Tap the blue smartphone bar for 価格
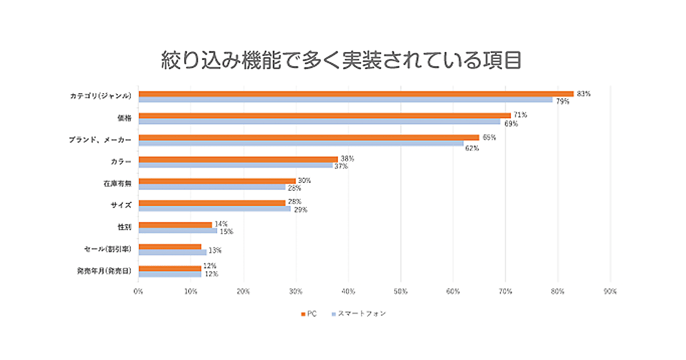pos(320,122)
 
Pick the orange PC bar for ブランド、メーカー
pos(309,137)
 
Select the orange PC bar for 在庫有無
pos(217,181)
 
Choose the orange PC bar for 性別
pos(176,225)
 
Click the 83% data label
pos(584,93)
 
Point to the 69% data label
pos(511,123)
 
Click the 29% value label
pos(301,210)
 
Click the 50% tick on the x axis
pos(401,291)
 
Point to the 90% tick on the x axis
pos(610,291)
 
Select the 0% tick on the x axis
pos(138,291)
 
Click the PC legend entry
pos(309,314)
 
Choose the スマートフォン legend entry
pos(358,314)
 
